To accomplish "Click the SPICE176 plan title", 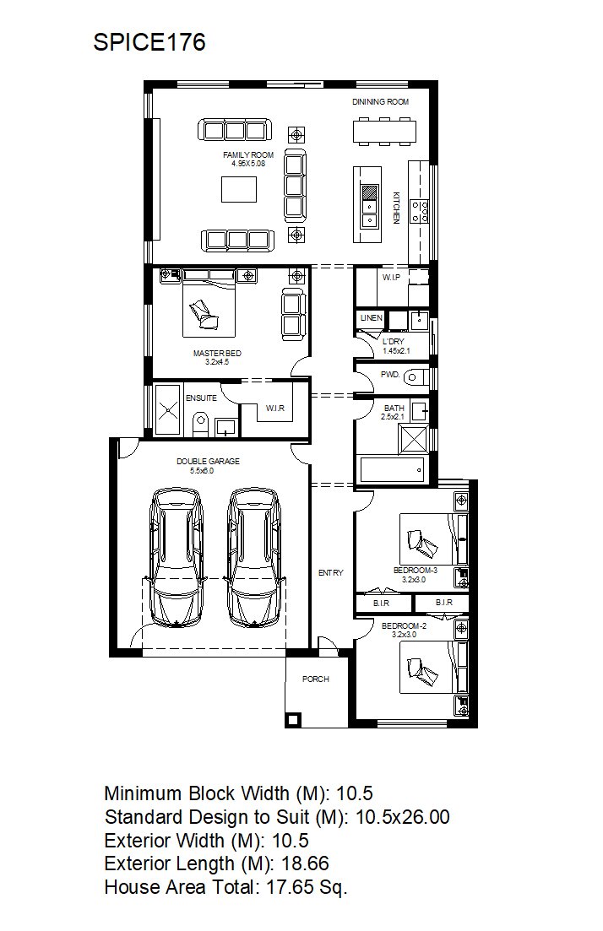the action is (149, 42).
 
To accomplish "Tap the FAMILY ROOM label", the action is (248, 155).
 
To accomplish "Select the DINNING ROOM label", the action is (380, 101).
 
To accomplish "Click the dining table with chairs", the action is (384, 131).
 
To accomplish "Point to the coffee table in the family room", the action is (239, 189).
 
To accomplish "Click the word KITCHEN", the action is (396, 208).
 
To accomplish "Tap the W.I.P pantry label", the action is (391, 278).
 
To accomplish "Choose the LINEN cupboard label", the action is (372, 317).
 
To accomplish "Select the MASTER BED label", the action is (217, 354).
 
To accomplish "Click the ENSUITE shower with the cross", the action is (167, 410).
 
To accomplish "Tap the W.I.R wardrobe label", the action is (274, 408).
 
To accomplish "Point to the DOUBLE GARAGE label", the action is (208, 461).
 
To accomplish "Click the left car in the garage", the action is (177, 558).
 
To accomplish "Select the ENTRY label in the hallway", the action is (330, 573).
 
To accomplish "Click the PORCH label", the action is (316, 679).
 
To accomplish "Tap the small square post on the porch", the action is (291, 720).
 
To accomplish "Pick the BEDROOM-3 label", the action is (416, 571).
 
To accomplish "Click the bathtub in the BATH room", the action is (392, 469).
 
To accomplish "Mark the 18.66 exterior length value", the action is (305, 863).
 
